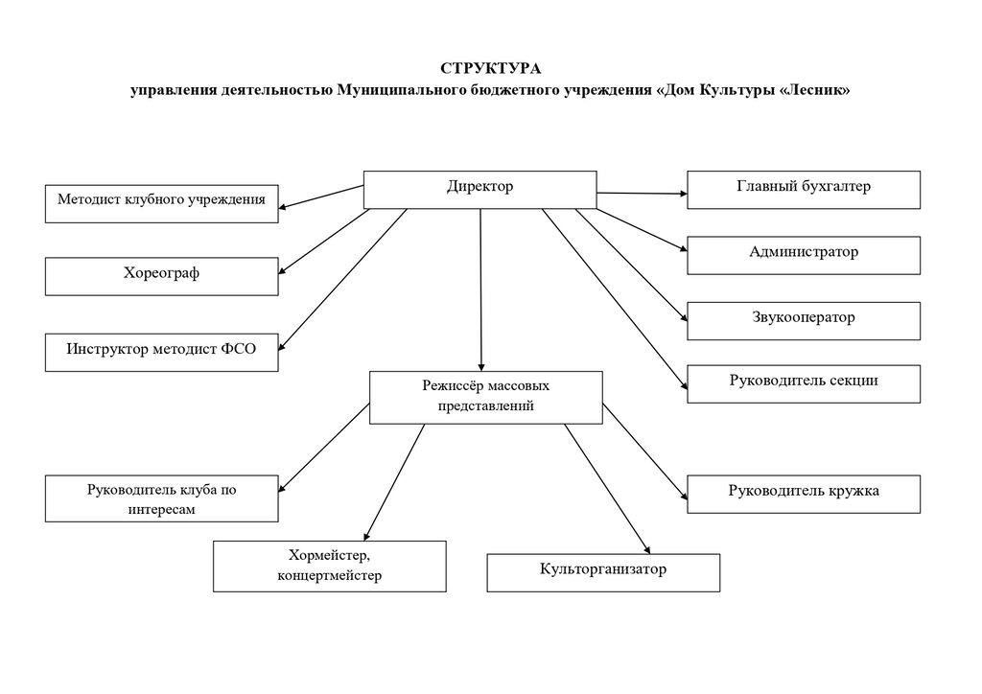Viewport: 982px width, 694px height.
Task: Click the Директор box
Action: (479, 189)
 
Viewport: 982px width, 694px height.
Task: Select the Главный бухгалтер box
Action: (804, 189)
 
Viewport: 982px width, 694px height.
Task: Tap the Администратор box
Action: (804, 255)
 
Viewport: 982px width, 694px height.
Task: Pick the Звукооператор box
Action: (804, 320)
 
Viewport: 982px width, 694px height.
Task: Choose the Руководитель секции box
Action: (804, 382)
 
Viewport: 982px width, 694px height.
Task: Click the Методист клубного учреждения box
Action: (162, 202)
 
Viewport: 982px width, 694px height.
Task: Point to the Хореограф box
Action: (162, 276)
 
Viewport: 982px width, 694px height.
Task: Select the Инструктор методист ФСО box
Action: (162, 351)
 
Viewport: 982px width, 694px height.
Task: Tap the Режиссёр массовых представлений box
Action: (485, 397)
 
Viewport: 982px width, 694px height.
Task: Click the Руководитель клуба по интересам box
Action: (162, 499)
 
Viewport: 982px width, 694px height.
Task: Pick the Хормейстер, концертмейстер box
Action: (329, 566)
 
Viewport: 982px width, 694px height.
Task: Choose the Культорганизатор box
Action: (603, 571)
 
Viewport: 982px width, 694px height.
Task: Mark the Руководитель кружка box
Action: (804, 493)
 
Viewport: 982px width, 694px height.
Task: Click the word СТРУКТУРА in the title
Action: (490, 68)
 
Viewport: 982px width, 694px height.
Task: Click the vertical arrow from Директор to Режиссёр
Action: (480, 288)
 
